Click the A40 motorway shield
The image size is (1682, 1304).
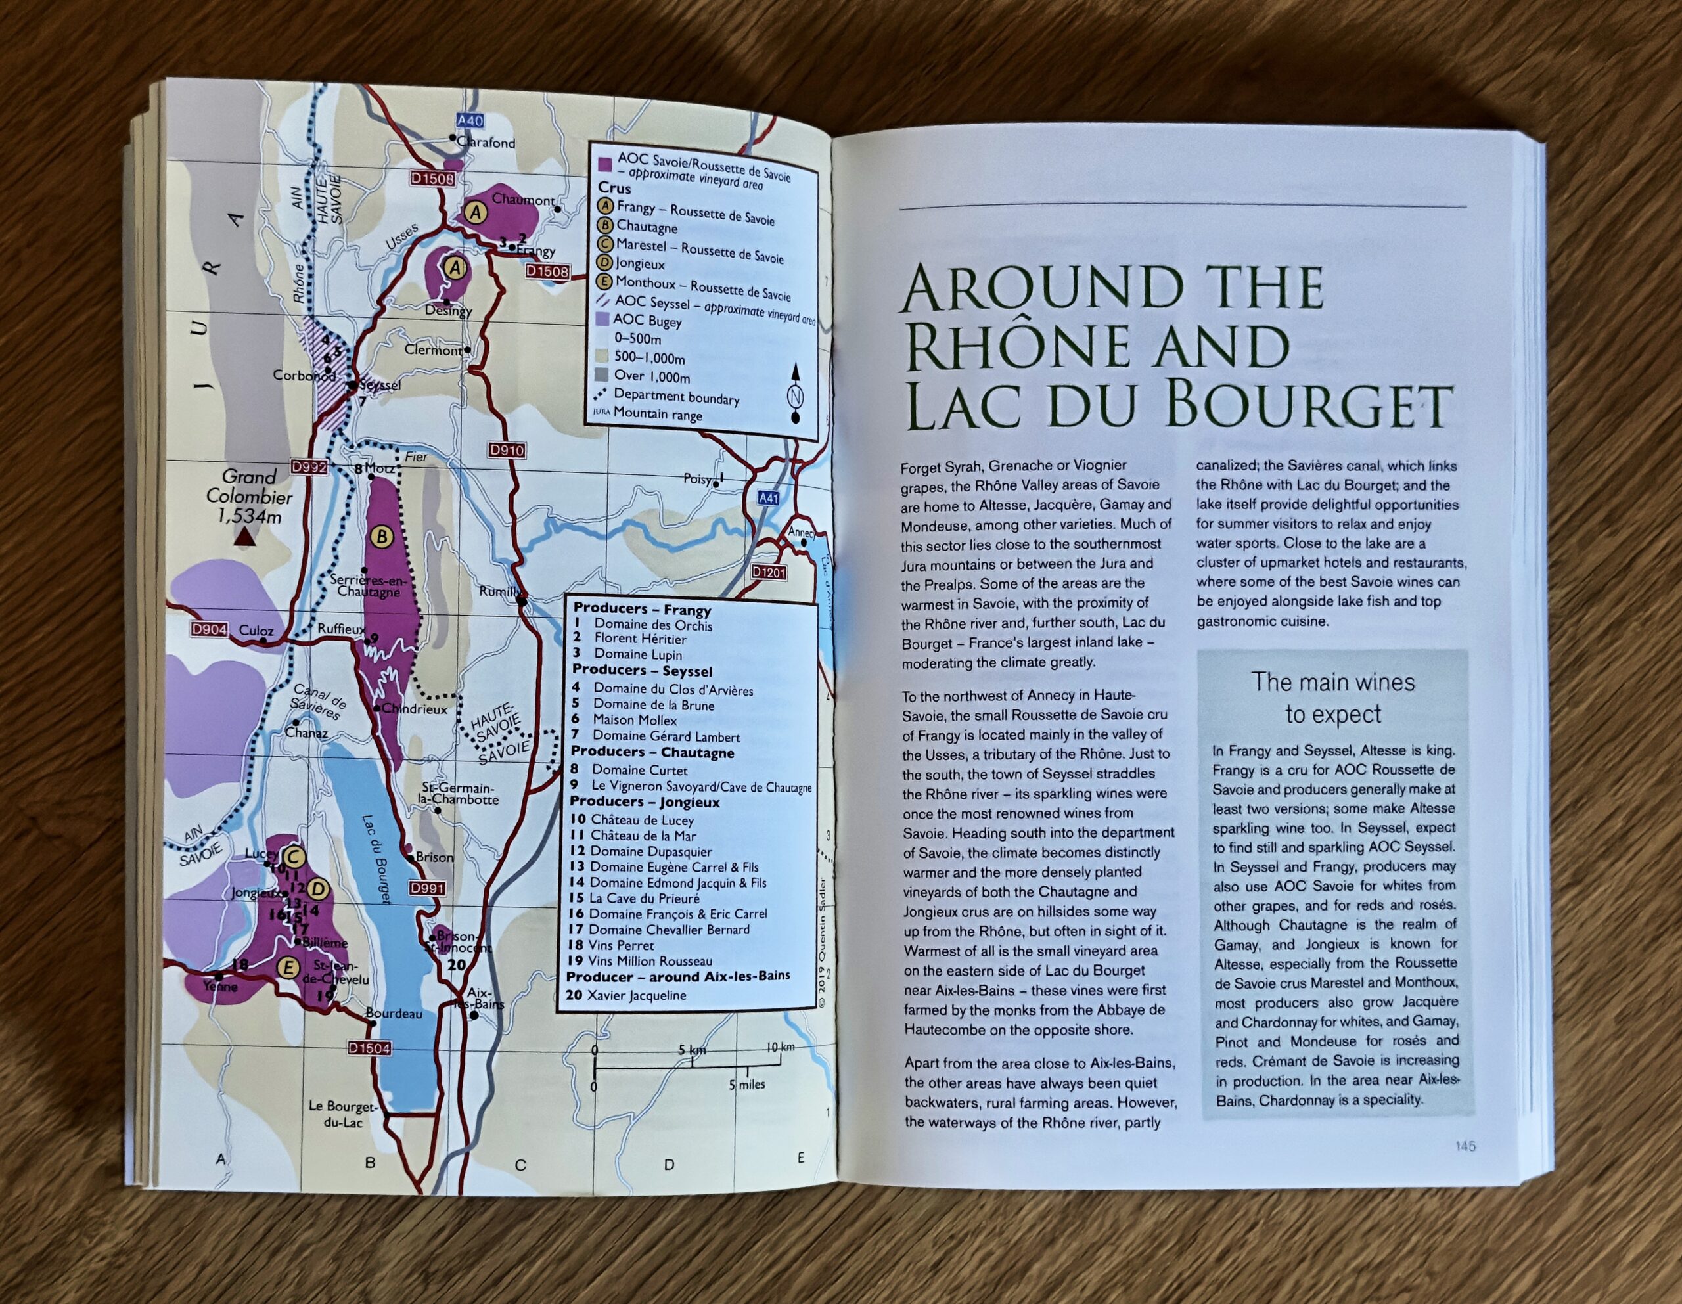tap(469, 121)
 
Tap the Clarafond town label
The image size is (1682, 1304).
tap(486, 143)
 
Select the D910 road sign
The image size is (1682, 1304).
tap(506, 450)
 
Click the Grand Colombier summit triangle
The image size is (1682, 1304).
tap(245, 537)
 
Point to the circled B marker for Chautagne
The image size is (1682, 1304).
tap(381, 537)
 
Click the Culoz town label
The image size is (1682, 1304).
tap(256, 630)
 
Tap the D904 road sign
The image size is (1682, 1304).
tap(210, 630)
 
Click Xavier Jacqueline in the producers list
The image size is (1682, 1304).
tap(636, 995)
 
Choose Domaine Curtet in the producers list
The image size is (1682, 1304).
tap(639, 769)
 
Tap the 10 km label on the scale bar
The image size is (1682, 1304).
tap(780, 1048)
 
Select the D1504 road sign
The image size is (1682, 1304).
tap(370, 1048)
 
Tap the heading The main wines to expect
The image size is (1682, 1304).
tap(1332, 698)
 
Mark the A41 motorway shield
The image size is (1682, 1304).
tap(769, 499)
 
